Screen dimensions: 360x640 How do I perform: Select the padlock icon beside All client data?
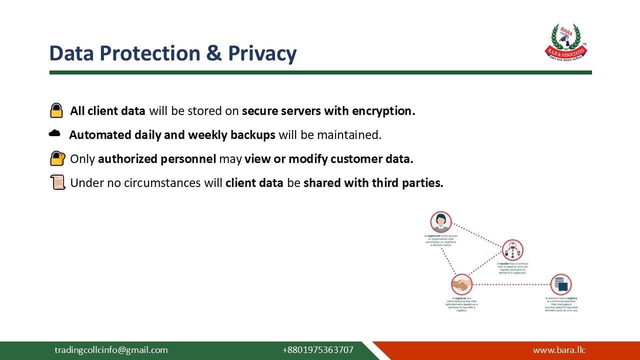tap(56, 110)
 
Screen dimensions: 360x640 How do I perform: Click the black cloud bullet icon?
tap(54, 133)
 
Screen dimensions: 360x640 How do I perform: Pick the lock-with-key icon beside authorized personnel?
tap(57, 158)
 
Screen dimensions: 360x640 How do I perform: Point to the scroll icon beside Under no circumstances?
tap(58, 182)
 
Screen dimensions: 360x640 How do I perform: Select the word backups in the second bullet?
tap(252, 135)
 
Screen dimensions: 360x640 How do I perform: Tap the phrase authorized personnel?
tap(157, 159)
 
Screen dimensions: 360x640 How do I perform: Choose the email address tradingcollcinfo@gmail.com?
tap(111, 350)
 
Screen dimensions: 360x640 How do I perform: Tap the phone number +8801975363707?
tap(317, 350)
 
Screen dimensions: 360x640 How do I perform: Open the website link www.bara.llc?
tap(559, 350)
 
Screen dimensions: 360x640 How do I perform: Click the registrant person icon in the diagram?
tap(440, 222)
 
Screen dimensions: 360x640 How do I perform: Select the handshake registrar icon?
tap(461, 284)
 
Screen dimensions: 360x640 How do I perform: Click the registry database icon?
tap(561, 284)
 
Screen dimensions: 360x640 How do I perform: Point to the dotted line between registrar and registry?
tap(511, 284)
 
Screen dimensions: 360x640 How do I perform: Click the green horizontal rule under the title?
tap(320, 72)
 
